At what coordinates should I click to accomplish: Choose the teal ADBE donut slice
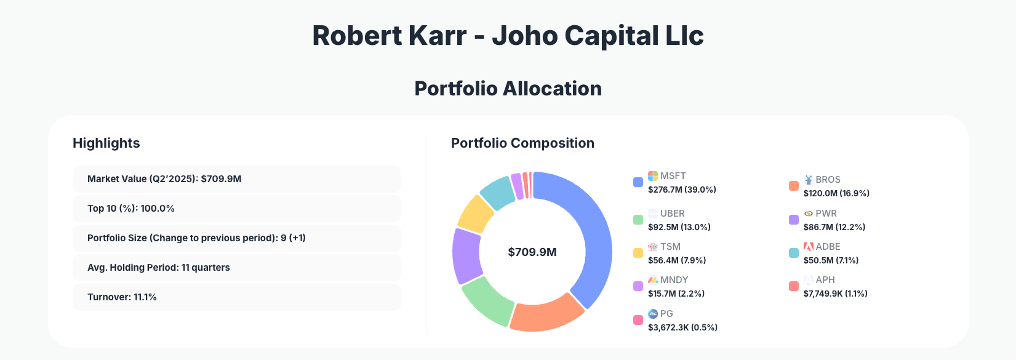click(497, 191)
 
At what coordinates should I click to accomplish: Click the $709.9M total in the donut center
click(532, 252)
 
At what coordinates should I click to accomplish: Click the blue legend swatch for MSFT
click(638, 182)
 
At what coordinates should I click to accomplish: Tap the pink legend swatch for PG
click(638, 320)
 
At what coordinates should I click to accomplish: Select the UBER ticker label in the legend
click(672, 214)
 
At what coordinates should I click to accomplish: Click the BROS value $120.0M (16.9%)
click(836, 193)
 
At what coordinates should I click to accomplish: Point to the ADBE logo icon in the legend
click(809, 247)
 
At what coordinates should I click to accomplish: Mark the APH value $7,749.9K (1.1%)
click(835, 294)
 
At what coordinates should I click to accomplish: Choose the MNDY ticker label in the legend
click(674, 280)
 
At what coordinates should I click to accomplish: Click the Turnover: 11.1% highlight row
click(236, 297)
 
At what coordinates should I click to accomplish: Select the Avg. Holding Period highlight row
click(236, 268)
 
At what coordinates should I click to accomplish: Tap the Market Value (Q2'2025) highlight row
click(236, 179)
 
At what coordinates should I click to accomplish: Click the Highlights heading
click(106, 143)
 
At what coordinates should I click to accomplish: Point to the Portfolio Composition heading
click(522, 143)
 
